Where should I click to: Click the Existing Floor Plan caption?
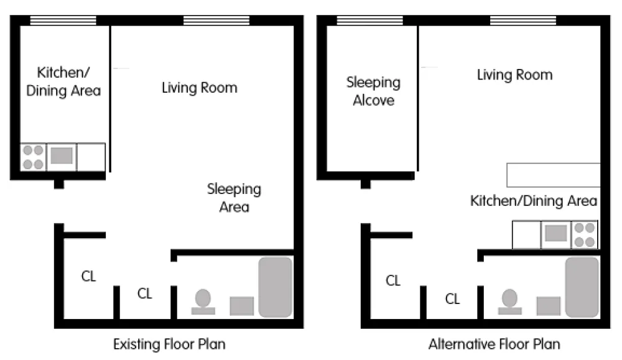(169, 344)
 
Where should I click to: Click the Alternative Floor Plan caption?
(494, 344)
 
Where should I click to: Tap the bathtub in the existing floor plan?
(276, 287)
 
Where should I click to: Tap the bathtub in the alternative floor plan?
(582, 287)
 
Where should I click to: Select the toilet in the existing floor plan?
(203, 302)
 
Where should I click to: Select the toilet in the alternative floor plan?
(510, 302)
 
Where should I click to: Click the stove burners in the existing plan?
(33, 157)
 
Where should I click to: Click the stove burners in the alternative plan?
(584, 234)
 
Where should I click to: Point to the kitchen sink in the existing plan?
(62, 156)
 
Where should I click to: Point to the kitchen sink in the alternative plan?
(555, 234)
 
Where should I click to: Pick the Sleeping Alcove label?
(373, 91)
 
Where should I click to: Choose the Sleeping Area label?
(234, 198)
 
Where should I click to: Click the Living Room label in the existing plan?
(200, 88)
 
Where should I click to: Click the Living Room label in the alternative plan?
(514, 75)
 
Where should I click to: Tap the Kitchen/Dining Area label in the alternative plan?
(534, 201)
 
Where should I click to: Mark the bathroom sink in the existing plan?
(242, 306)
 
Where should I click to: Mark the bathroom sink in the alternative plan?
(549, 306)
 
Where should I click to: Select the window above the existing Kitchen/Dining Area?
(63, 21)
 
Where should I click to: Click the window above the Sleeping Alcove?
(369, 21)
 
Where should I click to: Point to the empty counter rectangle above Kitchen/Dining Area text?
(554, 175)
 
